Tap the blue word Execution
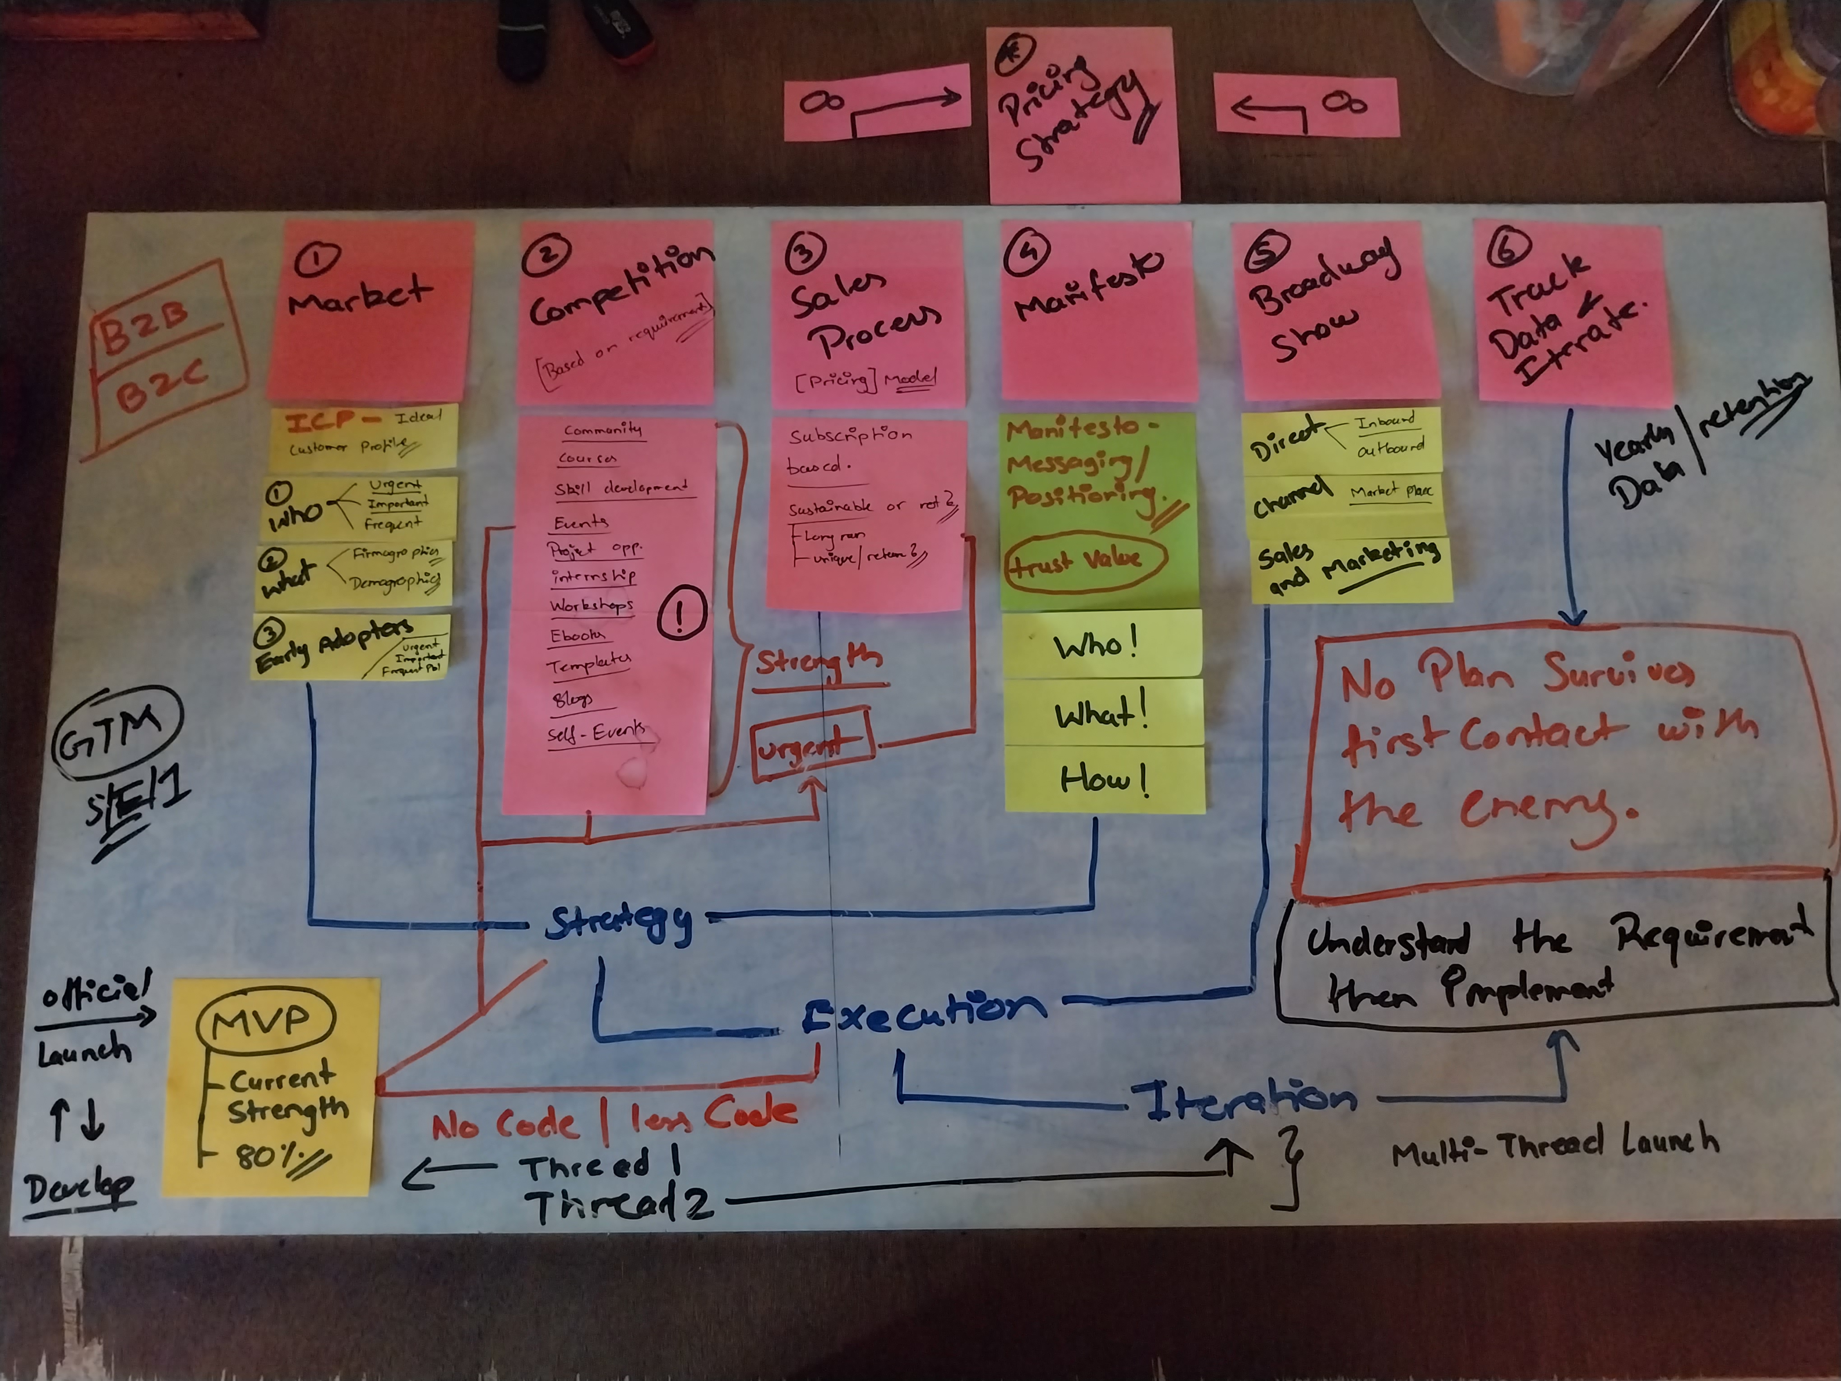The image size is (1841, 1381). [x=924, y=1009]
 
